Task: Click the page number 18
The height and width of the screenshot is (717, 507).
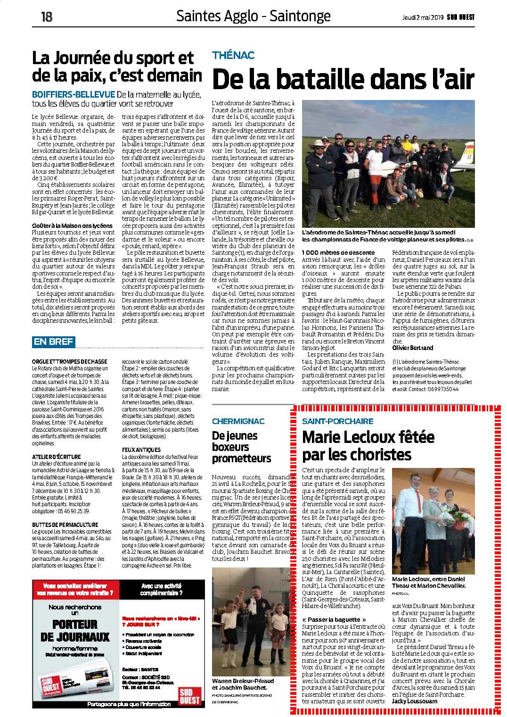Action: (x=46, y=17)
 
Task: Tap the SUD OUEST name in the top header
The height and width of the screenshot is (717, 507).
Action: (x=461, y=17)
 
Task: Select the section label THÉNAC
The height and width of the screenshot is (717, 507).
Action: (x=233, y=55)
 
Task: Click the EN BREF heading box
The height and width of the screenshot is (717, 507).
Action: (x=53, y=342)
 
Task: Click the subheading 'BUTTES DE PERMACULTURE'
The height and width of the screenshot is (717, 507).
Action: (x=65, y=525)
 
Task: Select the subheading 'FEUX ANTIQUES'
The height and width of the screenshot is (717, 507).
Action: (x=141, y=450)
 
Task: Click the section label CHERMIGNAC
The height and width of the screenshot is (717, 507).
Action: (x=238, y=421)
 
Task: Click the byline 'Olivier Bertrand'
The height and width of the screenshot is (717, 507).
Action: (x=413, y=348)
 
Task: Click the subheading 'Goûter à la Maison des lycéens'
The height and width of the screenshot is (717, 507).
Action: (x=72, y=226)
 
